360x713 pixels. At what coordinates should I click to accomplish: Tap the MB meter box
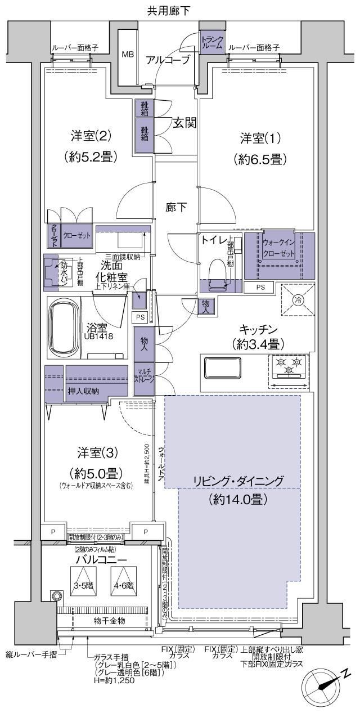(128, 55)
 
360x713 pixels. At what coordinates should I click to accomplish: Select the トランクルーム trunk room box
(213, 42)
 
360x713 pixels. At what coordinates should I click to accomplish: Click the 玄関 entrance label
(184, 123)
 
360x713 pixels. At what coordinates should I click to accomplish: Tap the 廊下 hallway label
(176, 207)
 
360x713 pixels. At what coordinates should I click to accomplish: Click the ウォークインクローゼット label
(279, 248)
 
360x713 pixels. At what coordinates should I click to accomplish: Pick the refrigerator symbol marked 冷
(296, 300)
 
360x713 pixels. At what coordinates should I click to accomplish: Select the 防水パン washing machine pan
(58, 273)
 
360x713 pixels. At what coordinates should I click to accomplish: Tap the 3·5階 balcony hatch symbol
(82, 585)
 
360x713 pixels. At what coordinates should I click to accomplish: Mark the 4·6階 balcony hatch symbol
(123, 585)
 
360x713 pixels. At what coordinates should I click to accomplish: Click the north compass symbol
(325, 686)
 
